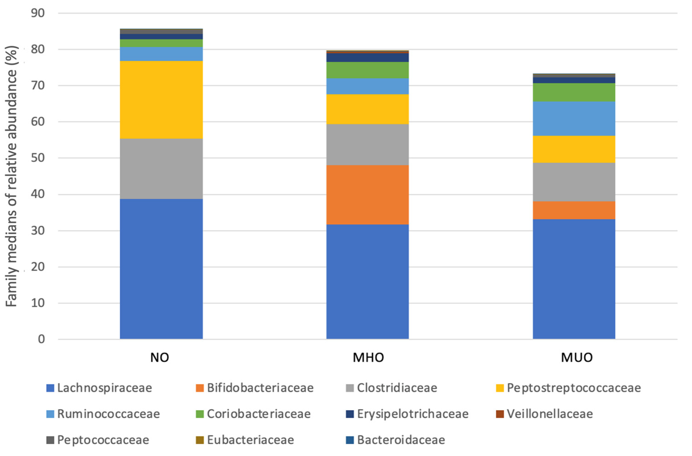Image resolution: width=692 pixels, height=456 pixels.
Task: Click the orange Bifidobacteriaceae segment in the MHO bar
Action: click(368, 195)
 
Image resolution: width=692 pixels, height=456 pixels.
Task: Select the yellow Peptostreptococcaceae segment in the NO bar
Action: click(161, 100)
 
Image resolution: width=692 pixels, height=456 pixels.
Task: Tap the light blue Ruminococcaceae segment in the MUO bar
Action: click(574, 118)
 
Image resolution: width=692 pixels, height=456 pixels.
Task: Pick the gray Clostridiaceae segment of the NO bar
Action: click(161, 169)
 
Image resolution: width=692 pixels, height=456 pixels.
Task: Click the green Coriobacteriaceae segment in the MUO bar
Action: click(574, 92)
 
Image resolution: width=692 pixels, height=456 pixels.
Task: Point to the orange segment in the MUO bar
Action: click(574, 210)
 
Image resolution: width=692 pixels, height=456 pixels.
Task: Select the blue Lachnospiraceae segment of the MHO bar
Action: click(368, 282)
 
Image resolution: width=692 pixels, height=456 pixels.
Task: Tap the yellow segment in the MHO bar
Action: click(368, 109)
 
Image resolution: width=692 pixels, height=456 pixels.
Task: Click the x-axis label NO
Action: click(160, 357)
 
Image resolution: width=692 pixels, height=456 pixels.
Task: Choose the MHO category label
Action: click(368, 357)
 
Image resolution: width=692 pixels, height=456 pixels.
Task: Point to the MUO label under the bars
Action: click(577, 357)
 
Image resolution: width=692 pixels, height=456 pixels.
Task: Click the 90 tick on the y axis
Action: click(38, 13)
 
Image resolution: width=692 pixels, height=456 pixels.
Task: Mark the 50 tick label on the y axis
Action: click(38, 158)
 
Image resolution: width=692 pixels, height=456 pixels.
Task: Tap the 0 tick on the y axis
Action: click(41, 339)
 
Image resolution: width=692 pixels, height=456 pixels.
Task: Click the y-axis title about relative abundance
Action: click(12, 176)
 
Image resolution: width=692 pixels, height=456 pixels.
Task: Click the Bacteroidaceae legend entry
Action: click(395, 440)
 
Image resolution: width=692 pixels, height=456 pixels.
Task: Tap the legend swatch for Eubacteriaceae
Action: click(200, 440)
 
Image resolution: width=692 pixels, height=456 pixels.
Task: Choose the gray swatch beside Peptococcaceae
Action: click(50, 440)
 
